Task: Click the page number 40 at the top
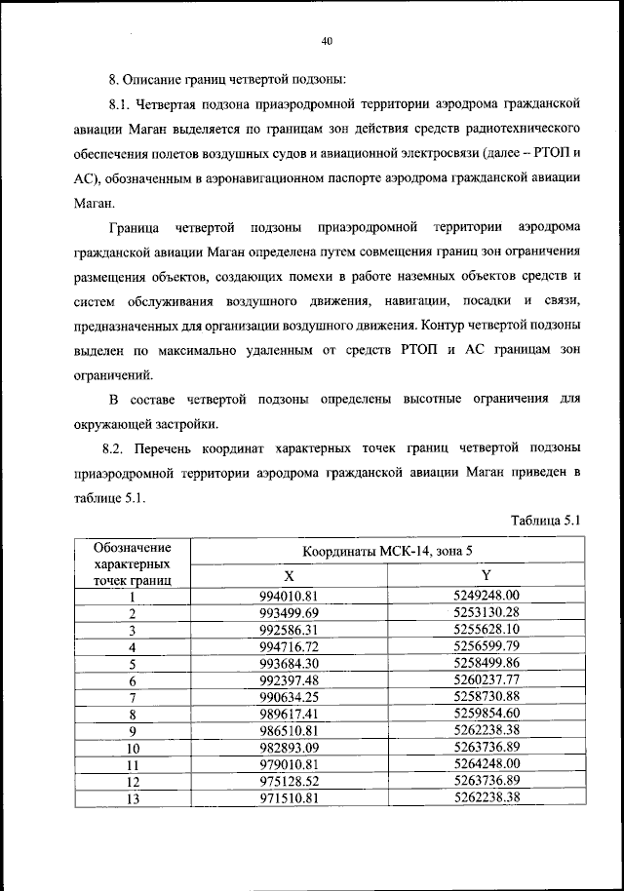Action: point(327,41)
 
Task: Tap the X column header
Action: point(289,575)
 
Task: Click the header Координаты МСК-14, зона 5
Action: point(387,551)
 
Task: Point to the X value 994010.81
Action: point(289,595)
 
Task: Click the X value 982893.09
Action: point(289,747)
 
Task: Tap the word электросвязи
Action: point(453,153)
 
